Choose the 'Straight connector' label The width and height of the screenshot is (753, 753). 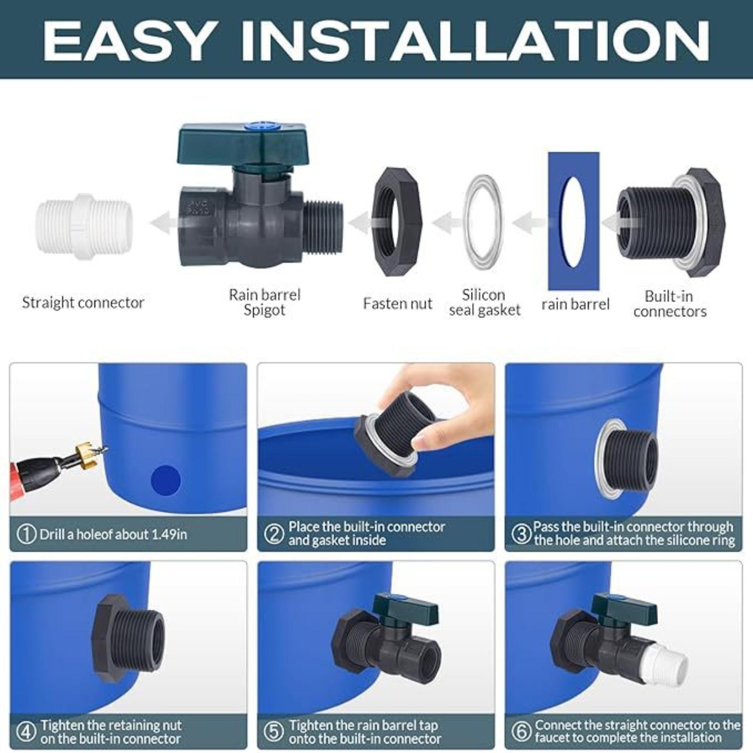[83, 303]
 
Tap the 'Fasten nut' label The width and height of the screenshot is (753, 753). [397, 304]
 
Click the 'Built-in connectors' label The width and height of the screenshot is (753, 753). [670, 304]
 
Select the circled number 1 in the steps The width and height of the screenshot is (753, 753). [26, 534]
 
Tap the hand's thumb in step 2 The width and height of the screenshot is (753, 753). [426, 441]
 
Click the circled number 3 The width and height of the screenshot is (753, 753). [521, 534]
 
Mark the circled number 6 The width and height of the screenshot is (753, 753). [521, 731]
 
